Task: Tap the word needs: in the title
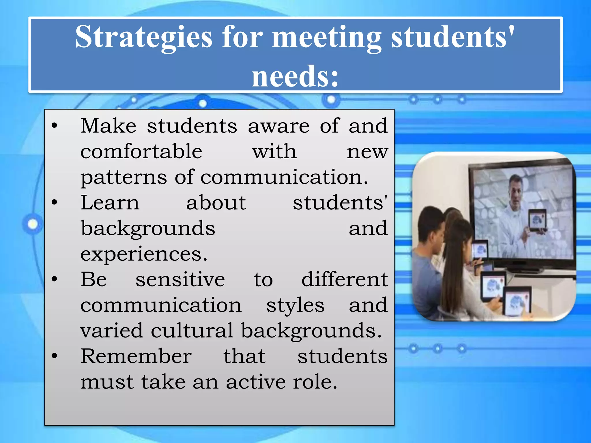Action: [295, 76]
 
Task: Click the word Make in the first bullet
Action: [108, 126]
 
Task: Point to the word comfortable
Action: [141, 151]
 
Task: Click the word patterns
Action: [124, 177]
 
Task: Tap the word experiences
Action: [144, 254]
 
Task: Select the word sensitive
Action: [180, 279]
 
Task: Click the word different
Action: [345, 279]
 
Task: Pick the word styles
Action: [295, 305]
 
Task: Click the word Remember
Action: [136, 356]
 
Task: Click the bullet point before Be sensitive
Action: [55, 279]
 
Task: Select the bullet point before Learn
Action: [55, 202]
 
